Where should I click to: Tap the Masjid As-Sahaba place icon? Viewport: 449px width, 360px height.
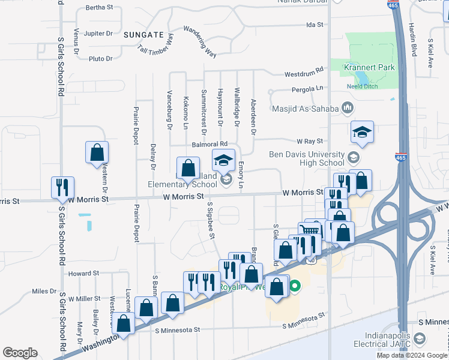click(348, 108)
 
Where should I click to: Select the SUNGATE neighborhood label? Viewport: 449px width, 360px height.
click(143, 35)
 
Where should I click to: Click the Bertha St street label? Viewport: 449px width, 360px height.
click(100, 8)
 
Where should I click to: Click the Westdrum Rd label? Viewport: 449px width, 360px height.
click(304, 74)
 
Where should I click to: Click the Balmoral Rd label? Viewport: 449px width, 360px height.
click(210, 144)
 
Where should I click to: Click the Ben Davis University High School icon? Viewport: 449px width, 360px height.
click(354, 158)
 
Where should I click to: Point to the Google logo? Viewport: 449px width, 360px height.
click(20, 353)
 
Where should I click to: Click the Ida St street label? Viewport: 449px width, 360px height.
click(315, 25)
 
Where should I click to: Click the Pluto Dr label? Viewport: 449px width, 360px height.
click(100, 59)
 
